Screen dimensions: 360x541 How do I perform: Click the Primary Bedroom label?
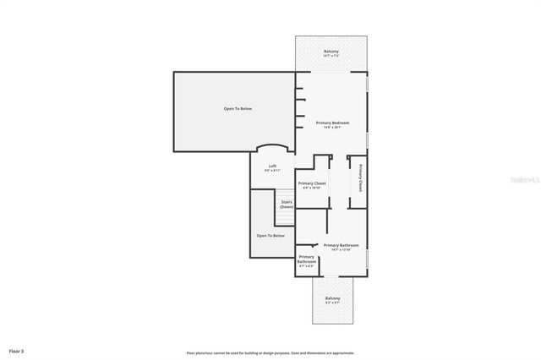332,123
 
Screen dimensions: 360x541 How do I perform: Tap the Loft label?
272,166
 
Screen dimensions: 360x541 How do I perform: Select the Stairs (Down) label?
287,204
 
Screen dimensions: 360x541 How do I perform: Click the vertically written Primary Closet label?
360,177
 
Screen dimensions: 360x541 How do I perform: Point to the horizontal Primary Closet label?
312,183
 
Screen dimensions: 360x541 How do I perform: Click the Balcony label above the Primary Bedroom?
331,52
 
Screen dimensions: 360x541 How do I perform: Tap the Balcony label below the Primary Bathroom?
332,298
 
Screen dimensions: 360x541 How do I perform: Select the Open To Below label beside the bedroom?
238,109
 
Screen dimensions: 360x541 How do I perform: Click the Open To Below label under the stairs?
270,236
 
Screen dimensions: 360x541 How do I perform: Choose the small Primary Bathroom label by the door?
306,259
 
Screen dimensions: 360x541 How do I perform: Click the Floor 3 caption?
16,350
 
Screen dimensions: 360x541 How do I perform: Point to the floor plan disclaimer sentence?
270,353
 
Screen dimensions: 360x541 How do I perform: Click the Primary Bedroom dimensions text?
332,128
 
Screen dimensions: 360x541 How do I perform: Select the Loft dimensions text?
272,171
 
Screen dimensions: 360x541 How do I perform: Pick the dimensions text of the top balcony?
331,57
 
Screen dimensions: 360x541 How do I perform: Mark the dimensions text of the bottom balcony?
332,303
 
